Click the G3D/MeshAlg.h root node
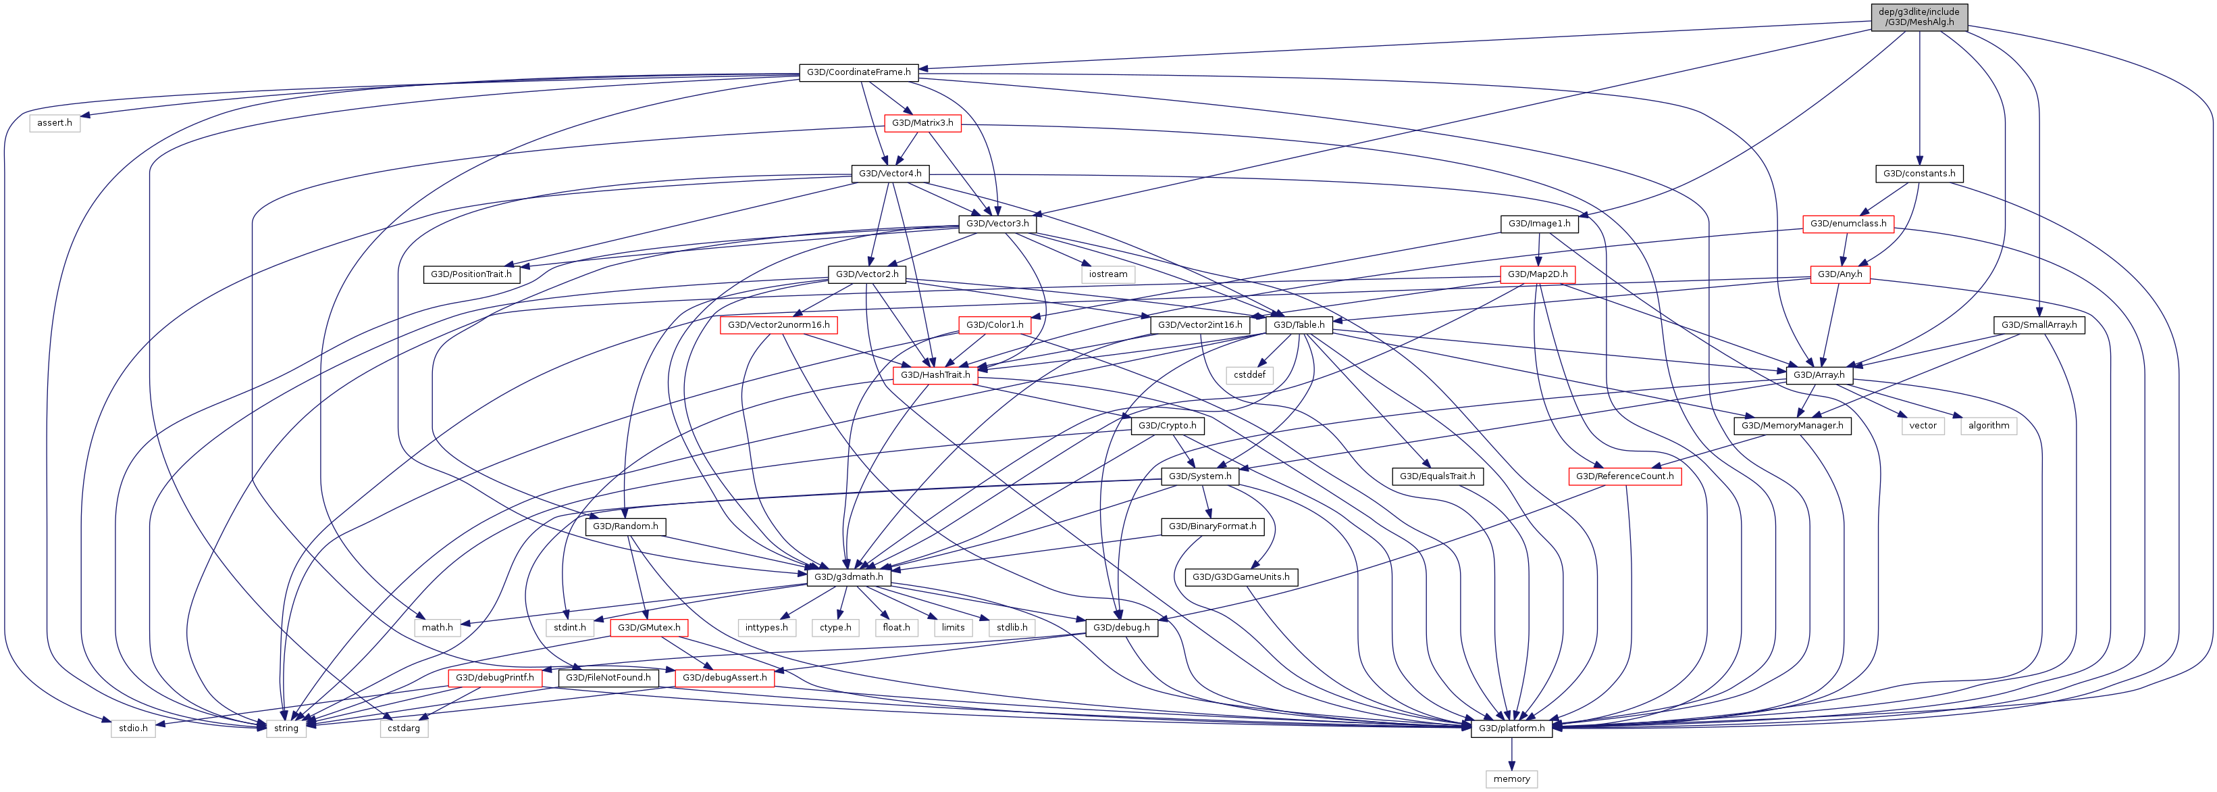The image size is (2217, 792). pos(1919,17)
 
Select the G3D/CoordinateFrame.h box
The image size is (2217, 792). pos(858,72)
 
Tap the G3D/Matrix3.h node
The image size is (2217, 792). pos(922,123)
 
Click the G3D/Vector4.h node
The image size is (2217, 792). pos(890,174)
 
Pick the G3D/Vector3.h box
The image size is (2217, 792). pos(997,224)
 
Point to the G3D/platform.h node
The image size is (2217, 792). pos(1511,728)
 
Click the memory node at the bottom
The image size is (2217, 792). pos(1511,779)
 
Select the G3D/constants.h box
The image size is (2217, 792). pos(1919,174)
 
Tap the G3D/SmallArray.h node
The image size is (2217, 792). pos(2038,326)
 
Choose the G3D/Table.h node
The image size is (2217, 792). pos(1299,326)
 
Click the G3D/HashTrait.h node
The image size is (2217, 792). pos(935,375)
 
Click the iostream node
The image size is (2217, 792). pos(1107,274)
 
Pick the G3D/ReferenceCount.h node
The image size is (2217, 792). pos(1624,476)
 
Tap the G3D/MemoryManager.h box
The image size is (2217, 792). pos(1792,426)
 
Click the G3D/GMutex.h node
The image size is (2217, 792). pos(649,628)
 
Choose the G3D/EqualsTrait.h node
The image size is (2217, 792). pos(1436,476)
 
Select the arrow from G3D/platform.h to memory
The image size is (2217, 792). pos(1511,754)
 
